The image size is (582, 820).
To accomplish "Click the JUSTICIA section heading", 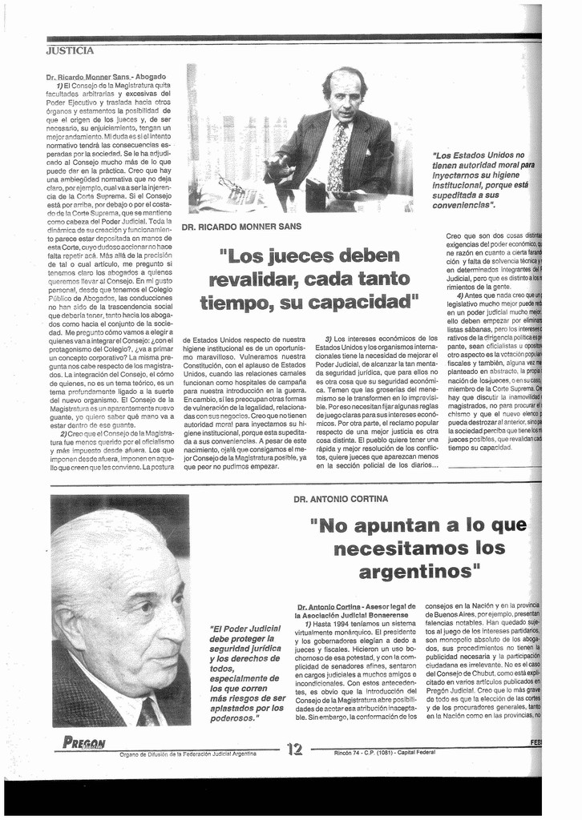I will click(71, 50).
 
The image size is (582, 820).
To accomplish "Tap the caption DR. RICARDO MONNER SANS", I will click(241, 227).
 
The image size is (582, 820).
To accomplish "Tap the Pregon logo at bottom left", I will click(84, 742).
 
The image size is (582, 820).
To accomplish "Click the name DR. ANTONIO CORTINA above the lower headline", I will click(341, 499).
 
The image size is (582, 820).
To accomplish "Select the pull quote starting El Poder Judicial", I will click(246, 673).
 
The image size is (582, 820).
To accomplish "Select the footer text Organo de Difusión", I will click(188, 754).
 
